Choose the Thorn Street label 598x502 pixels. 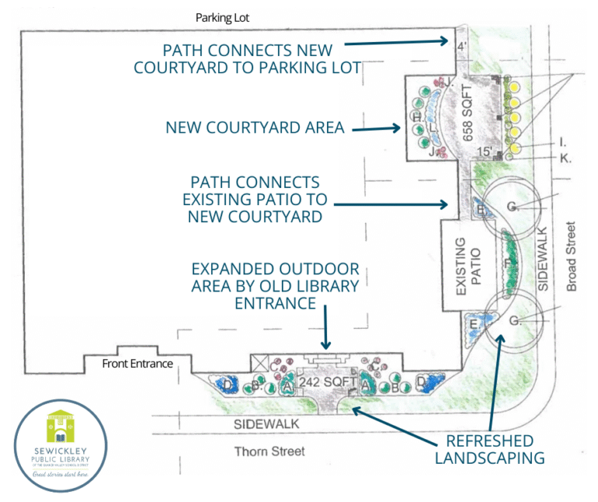pos(270,451)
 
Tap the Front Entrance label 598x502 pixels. pos(137,363)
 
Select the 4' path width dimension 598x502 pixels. pos(461,46)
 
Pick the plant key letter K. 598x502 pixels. pos(565,159)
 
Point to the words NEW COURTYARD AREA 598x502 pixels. pos(255,127)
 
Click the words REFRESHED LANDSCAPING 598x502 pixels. pos(489,448)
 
